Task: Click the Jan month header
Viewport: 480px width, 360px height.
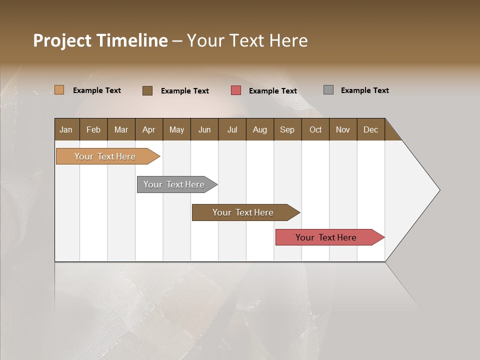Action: click(66, 129)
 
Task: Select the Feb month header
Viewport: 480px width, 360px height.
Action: click(93, 129)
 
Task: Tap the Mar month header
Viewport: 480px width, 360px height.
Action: click(121, 129)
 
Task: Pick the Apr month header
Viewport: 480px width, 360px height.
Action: click(148, 129)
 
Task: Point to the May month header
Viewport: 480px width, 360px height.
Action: click(176, 129)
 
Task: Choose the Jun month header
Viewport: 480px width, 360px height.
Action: click(204, 129)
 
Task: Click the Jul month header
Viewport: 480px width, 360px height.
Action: click(232, 129)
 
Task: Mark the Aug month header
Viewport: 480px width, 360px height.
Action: click(259, 129)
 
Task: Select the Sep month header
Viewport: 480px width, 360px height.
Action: click(287, 129)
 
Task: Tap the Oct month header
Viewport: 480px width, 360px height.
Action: click(315, 129)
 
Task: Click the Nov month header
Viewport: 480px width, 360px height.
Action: click(343, 129)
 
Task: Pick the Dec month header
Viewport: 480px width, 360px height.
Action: click(370, 129)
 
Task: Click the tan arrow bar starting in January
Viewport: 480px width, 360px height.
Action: click(105, 156)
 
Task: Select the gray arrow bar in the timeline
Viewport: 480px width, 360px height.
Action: click(174, 184)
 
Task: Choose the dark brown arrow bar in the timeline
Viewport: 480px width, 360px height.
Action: click(243, 212)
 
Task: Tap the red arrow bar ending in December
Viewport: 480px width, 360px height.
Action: click(326, 237)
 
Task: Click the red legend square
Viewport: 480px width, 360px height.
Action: click(236, 90)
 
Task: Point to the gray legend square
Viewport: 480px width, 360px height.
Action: click(328, 90)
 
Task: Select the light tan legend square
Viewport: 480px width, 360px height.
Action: click(59, 90)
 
